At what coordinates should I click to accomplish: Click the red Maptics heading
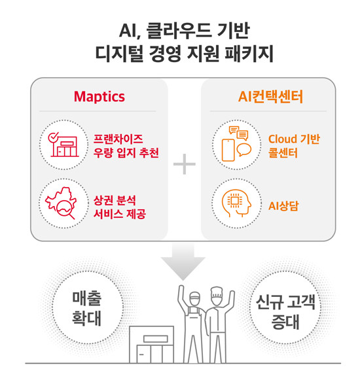pyautogui.click(x=99, y=97)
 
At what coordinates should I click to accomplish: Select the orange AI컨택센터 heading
pyautogui.click(x=270, y=97)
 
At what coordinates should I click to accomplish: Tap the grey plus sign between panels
pyautogui.click(x=185, y=164)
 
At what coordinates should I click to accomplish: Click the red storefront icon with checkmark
pyautogui.click(x=63, y=145)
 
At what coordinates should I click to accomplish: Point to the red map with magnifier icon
pyautogui.click(x=61, y=203)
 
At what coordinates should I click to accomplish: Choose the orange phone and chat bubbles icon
pyautogui.click(x=236, y=144)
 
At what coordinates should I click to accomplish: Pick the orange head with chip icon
pyautogui.click(x=236, y=203)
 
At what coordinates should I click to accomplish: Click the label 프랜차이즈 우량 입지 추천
pyautogui.click(x=126, y=146)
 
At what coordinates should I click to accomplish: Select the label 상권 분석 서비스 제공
pyautogui.click(x=120, y=207)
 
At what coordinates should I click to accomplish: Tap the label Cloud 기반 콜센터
pyautogui.click(x=294, y=146)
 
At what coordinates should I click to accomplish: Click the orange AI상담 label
pyautogui.click(x=283, y=206)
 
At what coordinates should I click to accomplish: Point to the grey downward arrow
pyautogui.click(x=183, y=262)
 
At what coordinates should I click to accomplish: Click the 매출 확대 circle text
pyautogui.click(x=87, y=308)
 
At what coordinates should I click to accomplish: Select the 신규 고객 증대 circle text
pyautogui.click(x=285, y=312)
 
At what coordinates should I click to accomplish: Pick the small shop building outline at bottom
pyautogui.click(x=152, y=345)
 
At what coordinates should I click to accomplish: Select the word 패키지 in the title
pyautogui.click(x=249, y=53)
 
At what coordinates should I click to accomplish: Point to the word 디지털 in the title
pyautogui.click(x=119, y=53)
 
